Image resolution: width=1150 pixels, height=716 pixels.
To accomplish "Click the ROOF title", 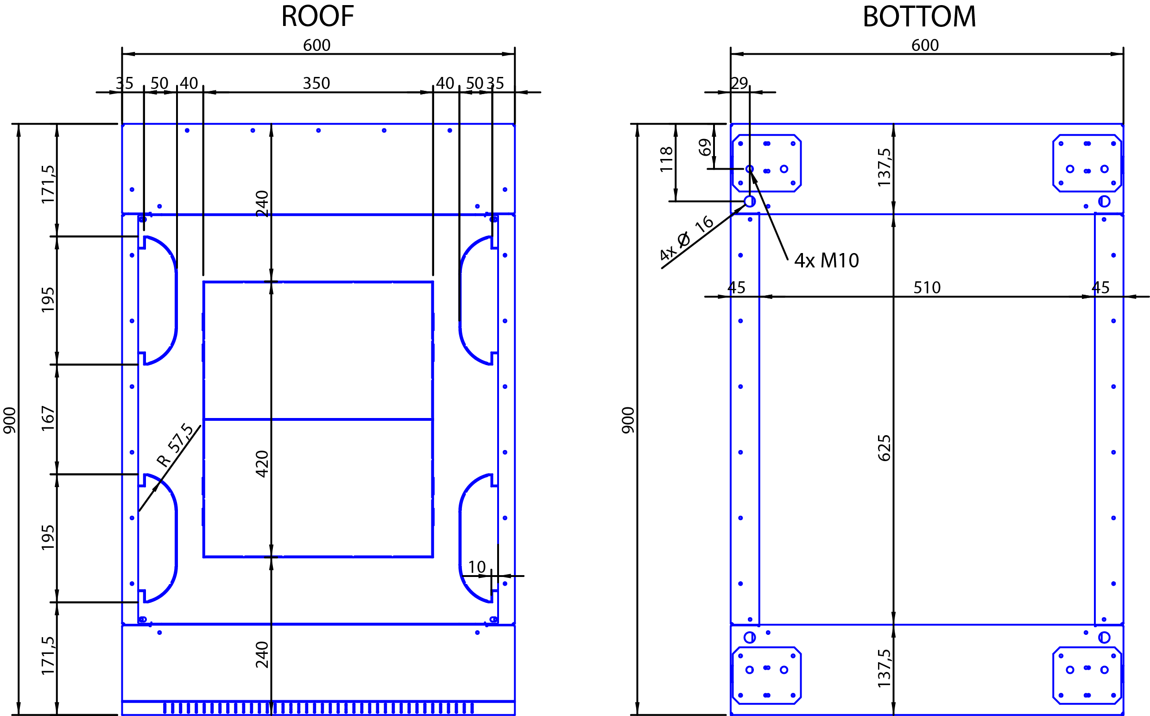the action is click(x=317, y=17).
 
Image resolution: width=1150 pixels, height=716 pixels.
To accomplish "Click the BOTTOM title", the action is click(x=919, y=17).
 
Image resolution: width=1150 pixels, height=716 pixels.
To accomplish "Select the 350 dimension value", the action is click(x=316, y=83).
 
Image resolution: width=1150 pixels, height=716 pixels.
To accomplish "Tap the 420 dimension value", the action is click(x=262, y=464).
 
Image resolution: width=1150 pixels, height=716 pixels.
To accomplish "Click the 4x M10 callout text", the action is click(x=826, y=260).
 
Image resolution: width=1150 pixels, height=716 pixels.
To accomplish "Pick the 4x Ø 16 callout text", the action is click(x=687, y=238).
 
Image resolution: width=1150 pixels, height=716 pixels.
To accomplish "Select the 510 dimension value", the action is click(x=927, y=288).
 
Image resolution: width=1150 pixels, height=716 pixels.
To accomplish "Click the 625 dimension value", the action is click(x=884, y=448).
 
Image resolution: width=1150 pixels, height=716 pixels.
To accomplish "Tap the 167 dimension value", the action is click(x=48, y=418).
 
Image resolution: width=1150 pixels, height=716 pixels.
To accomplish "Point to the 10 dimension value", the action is click(x=477, y=567).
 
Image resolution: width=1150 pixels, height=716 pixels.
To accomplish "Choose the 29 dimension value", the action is click(x=739, y=83).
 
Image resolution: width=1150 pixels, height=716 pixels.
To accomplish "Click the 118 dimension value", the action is click(x=666, y=159).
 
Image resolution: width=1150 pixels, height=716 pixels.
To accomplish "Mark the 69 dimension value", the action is click(x=705, y=147).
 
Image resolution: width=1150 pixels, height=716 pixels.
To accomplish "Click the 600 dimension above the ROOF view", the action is click(x=317, y=45).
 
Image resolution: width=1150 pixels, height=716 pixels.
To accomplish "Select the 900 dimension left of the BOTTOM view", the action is click(x=628, y=420).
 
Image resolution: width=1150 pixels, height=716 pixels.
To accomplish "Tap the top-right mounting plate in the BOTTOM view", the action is click(x=1087, y=164).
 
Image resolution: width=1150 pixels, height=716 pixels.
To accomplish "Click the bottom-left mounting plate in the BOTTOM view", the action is click(x=766, y=676).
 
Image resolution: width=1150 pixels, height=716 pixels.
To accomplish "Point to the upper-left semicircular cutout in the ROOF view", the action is click(x=176, y=300).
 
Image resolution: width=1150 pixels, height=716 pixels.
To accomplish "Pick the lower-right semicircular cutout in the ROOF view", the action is click(x=460, y=538).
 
